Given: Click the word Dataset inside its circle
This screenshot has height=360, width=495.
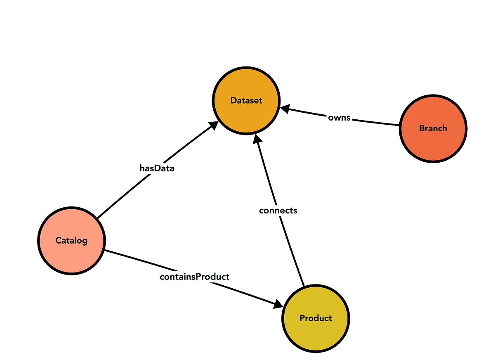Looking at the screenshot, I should pyautogui.click(x=246, y=100).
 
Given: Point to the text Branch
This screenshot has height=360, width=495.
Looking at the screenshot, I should pyautogui.click(x=433, y=128).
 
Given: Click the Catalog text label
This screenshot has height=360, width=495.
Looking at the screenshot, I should pyautogui.click(x=71, y=240).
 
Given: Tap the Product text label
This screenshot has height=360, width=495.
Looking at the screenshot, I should pyautogui.click(x=316, y=318).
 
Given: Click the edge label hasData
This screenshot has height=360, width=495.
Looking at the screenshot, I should pyautogui.click(x=156, y=168).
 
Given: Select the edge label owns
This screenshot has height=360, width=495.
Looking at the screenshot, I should pyautogui.click(x=339, y=118).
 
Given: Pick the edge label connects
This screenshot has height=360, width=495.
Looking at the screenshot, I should pyautogui.click(x=278, y=210).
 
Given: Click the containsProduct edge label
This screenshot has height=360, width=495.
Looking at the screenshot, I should pyautogui.click(x=194, y=277).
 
